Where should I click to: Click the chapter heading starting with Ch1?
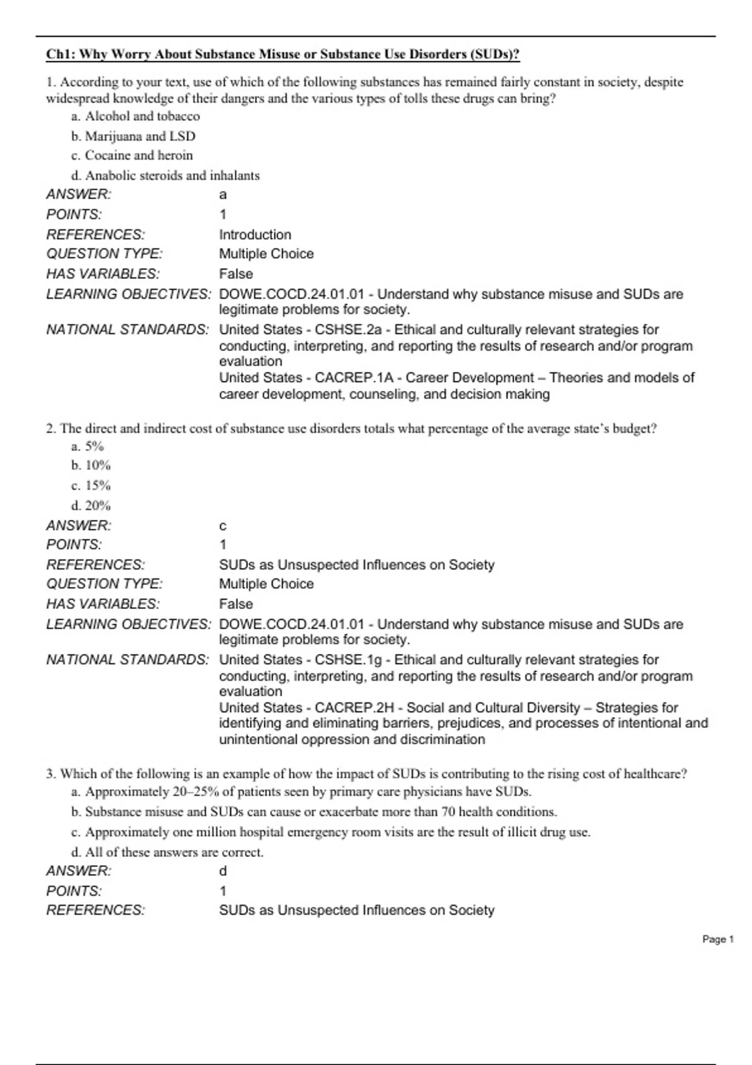pyautogui.click(x=283, y=55)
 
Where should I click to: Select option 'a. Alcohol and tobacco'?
pyautogui.click(x=136, y=117)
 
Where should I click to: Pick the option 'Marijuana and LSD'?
pyautogui.click(x=133, y=137)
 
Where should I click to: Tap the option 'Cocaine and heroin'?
pyautogui.click(x=132, y=155)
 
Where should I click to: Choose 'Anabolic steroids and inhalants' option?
pyautogui.click(x=165, y=176)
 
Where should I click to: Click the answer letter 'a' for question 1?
pyautogui.click(x=223, y=195)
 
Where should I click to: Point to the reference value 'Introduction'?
pyautogui.click(x=255, y=235)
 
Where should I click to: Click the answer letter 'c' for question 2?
pyautogui.click(x=223, y=526)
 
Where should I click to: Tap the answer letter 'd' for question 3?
pyautogui.click(x=223, y=871)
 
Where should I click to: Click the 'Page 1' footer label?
pyautogui.click(x=718, y=939)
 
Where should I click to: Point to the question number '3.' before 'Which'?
pyautogui.click(x=51, y=774)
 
